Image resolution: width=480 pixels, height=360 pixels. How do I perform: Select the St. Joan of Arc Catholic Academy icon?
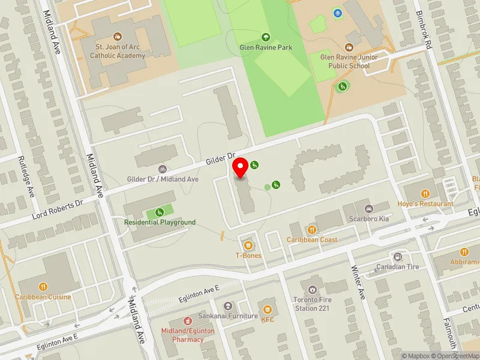[x=118, y=37]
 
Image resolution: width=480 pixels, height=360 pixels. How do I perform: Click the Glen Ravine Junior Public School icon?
[x=349, y=47]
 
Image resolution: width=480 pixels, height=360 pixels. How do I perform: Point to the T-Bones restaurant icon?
[x=248, y=244]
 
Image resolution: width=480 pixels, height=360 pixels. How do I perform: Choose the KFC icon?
[x=268, y=309]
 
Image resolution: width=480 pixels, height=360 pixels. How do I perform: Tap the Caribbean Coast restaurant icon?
[x=311, y=229]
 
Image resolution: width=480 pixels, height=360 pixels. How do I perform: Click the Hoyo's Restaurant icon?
[x=425, y=194]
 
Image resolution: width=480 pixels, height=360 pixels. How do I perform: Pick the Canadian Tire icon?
[x=397, y=256]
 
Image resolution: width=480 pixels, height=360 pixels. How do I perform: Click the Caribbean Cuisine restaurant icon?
[x=43, y=287]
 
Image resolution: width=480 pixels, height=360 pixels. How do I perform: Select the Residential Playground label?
[x=160, y=222]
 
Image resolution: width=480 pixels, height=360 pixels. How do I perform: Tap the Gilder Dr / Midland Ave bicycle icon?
[x=162, y=169]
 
